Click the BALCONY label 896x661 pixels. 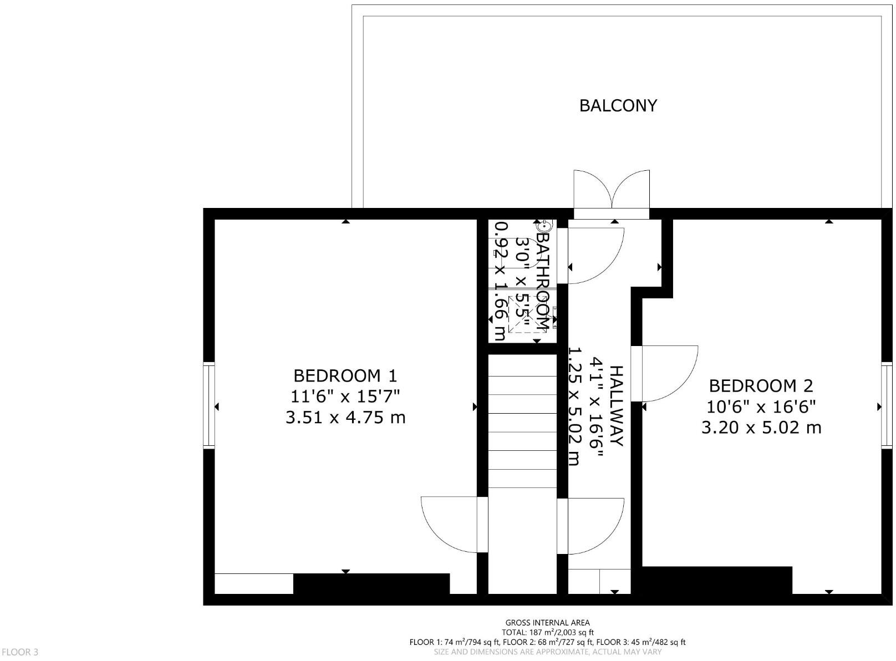click(x=618, y=105)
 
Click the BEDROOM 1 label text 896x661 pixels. click(x=345, y=376)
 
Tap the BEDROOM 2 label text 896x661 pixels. click(x=761, y=386)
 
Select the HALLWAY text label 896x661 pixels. click(x=617, y=405)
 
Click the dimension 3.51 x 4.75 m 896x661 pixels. click(x=345, y=418)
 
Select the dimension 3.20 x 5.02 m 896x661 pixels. click(x=761, y=428)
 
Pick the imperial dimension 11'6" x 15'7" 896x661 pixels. click(x=345, y=396)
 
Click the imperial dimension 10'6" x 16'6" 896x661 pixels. click(x=761, y=407)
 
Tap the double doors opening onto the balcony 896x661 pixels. click(x=612, y=191)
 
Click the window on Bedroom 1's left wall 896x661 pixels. click(x=209, y=404)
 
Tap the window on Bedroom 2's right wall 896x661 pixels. click(x=887, y=404)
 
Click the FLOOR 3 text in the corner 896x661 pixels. click(x=20, y=652)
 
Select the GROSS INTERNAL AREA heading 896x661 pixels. click(x=547, y=623)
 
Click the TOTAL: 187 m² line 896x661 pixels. click(x=547, y=632)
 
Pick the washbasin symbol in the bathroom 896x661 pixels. click(x=543, y=226)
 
